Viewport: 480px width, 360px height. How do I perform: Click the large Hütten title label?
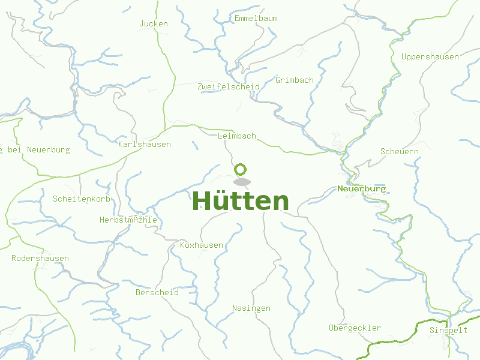[240, 201]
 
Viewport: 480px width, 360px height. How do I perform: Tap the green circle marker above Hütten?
[241, 169]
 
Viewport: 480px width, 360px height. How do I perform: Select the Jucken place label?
[154, 24]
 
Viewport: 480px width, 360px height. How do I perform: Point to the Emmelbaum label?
[256, 19]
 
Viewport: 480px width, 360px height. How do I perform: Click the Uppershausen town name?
[430, 57]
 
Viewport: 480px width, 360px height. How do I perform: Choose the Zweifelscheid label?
[229, 87]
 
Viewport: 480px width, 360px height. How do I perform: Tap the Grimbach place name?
[294, 80]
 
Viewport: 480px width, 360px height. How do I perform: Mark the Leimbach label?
[237, 136]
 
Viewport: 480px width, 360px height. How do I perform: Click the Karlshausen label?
[145, 145]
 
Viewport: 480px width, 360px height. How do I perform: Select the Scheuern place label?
[400, 152]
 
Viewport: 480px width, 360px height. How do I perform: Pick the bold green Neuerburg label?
[362, 189]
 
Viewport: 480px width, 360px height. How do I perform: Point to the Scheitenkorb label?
[82, 199]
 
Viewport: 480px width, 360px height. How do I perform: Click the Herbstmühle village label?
[128, 220]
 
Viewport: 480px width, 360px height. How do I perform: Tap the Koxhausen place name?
[202, 245]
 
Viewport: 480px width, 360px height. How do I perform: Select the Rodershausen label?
[40, 259]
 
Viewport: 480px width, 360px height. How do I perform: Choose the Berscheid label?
[157, 293]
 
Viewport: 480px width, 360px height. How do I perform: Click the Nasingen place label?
[251, 308]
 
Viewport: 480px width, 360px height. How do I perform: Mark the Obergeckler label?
[355, 328]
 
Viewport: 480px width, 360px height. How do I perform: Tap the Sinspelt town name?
[449, 331]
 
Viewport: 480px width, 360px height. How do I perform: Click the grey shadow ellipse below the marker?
[242, 182]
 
